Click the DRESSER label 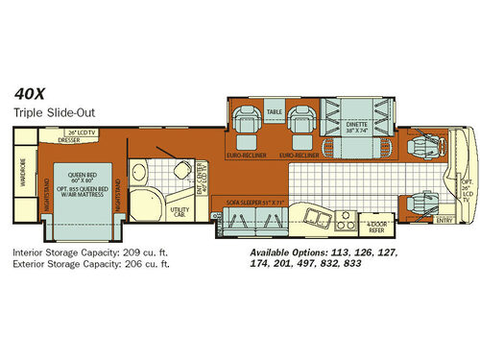pyautogui.click(x=68, y=138)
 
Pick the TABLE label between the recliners pyautogui.click(x=275, y=112)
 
